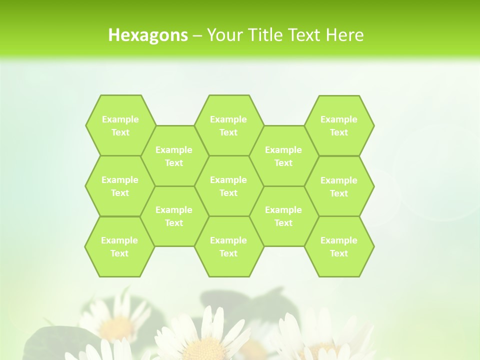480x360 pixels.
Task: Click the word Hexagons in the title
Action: point(148,35)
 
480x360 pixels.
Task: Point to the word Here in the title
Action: point(345,35)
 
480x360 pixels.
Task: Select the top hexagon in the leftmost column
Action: point(120,125)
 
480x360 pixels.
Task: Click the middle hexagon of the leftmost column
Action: point(120,186)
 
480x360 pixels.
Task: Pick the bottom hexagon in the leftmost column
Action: point(119,246)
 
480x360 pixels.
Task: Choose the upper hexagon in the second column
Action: point(174,156)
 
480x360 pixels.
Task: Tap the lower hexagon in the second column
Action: point(174,216)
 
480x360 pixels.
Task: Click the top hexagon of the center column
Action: point(228,125)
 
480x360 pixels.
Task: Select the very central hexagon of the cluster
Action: point(228,186)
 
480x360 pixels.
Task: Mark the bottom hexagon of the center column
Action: point(228,246)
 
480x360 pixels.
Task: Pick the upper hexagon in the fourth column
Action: point(283,156)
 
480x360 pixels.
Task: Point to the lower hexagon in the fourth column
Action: point(283,216)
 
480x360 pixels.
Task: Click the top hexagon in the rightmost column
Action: point(339,125)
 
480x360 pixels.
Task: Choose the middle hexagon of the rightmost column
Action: point(339,186)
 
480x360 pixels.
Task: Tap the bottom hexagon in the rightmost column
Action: point(339,246)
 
